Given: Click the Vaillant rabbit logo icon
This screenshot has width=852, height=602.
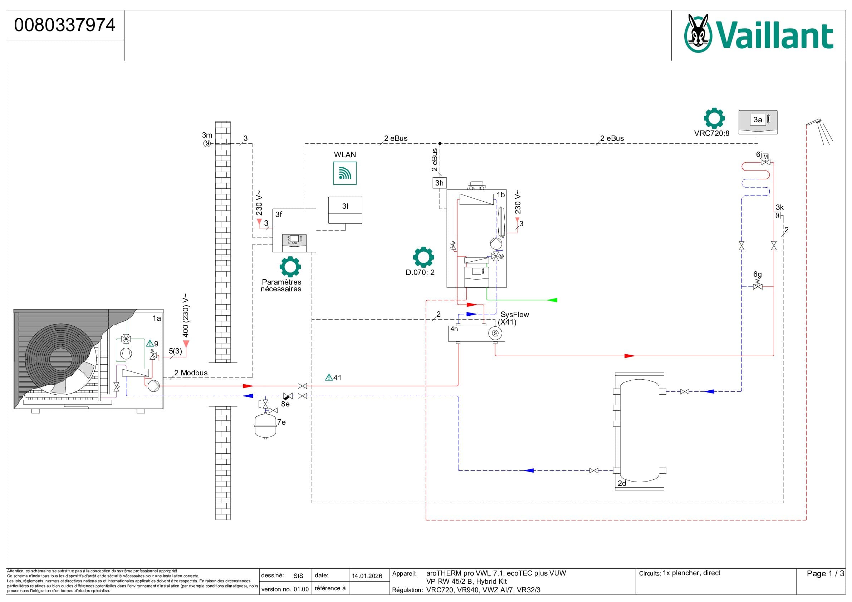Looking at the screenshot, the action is pos(698,33).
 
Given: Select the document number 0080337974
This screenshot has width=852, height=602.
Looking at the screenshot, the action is pos(65,25).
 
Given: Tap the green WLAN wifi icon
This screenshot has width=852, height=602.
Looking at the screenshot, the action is pos(345,173).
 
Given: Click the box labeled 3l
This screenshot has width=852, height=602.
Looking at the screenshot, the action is pos(345,210).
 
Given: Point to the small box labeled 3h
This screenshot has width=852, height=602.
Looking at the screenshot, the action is pos(439,183).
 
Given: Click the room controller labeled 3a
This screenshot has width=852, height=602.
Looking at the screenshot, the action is pos(758,122).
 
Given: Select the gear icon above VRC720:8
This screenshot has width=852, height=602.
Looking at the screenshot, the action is pos(714,118).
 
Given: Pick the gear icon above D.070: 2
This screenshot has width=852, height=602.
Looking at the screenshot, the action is pos(423,257).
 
